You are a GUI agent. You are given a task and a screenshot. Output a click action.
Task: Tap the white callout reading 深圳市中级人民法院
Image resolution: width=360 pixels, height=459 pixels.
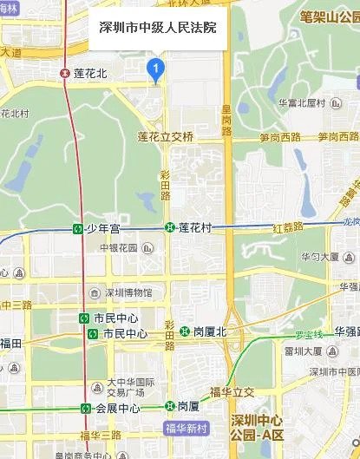click(x=158, y=28)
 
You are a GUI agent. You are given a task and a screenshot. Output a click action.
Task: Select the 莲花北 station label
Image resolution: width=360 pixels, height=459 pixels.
click(x=89, y=74)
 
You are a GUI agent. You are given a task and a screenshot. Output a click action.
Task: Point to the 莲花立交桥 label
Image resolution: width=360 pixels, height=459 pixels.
click(x=166, y=137)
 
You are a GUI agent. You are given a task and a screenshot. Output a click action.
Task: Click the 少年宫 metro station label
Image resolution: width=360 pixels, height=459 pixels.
click(x=101, y=228)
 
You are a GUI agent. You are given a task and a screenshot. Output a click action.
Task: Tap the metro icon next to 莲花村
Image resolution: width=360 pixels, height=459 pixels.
click(x=169, y=228)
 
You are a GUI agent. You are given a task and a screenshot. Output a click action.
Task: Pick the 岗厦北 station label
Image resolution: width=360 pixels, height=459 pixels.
click(x=208, y=331)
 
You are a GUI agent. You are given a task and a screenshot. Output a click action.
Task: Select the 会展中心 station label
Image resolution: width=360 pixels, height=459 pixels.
click(x=117, y=408)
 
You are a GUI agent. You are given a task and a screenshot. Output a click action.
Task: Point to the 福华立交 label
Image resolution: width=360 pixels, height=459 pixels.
click(x=232, y=392)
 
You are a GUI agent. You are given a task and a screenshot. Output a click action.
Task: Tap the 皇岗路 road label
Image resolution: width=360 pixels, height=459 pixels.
click(x=226, y=120)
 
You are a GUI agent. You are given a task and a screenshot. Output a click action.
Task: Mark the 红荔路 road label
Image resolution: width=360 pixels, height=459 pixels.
click(x=287, y=227)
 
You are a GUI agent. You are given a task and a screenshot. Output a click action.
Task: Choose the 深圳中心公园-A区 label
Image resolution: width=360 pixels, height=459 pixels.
click(x=268, y=428)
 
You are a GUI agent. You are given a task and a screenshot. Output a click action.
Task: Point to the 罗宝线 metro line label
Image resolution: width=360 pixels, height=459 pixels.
click(x=308, y=335)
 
